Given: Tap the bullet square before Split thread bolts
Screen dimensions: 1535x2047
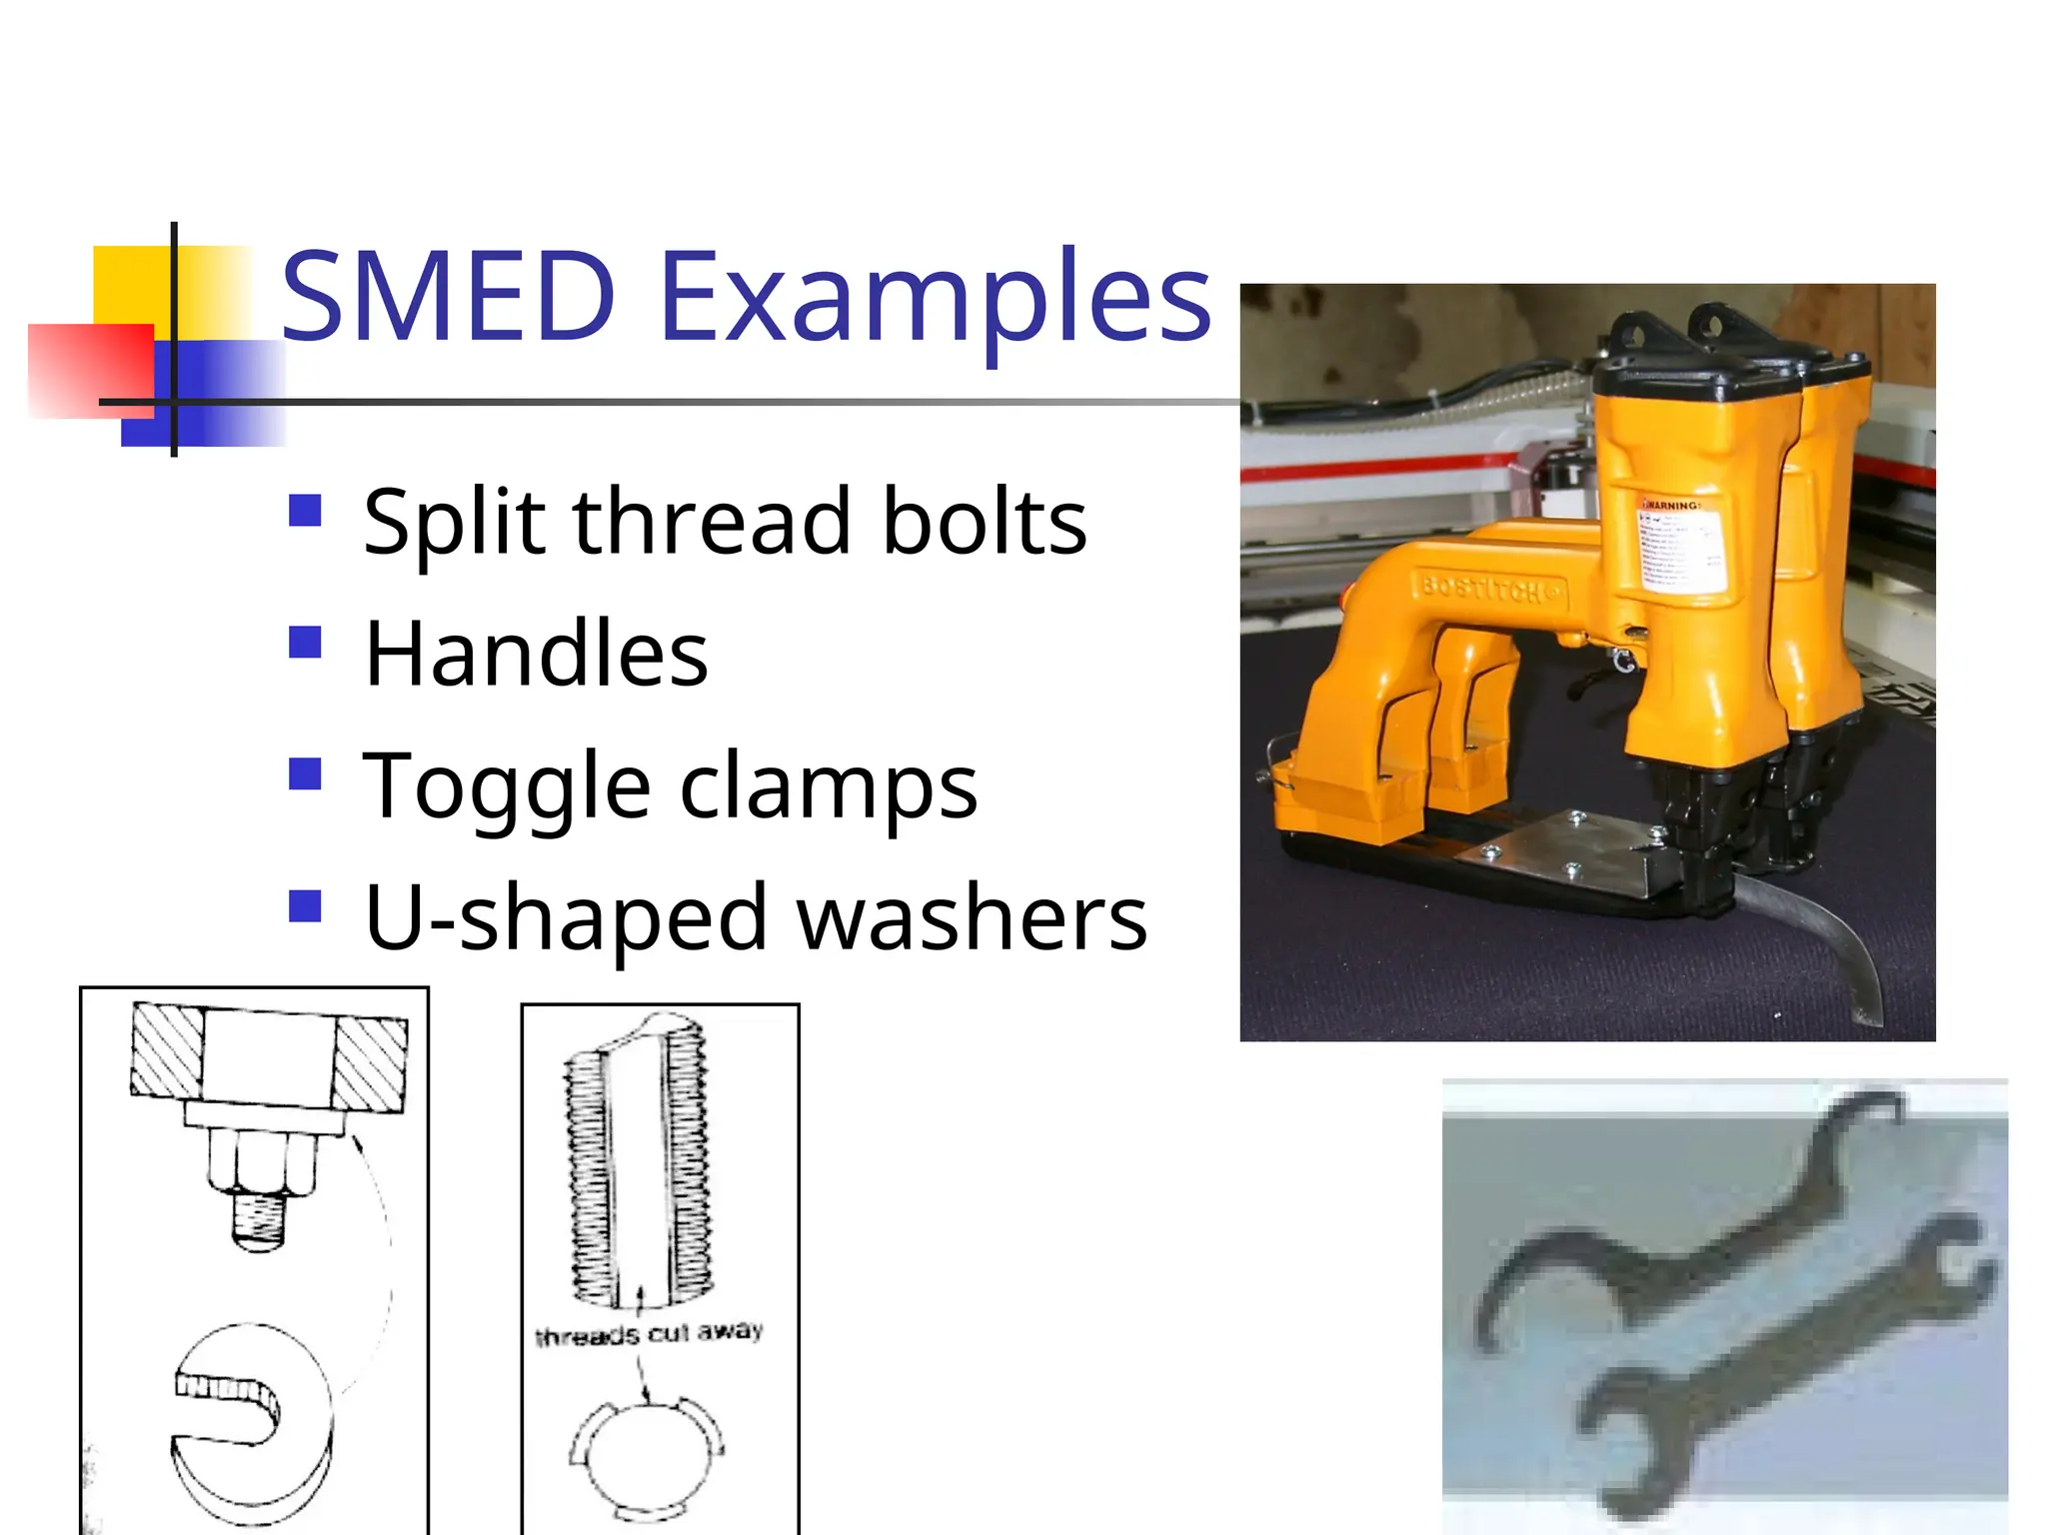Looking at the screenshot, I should point(305,511).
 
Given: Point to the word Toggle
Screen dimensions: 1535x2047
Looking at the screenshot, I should point(507,787).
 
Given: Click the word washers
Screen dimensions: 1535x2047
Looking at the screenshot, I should point(972,917).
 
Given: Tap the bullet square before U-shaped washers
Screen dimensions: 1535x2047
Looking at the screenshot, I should point(305,906).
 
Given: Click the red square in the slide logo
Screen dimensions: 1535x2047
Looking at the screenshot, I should point(90,370).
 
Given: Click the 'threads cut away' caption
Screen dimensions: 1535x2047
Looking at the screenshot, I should point(650,1333).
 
